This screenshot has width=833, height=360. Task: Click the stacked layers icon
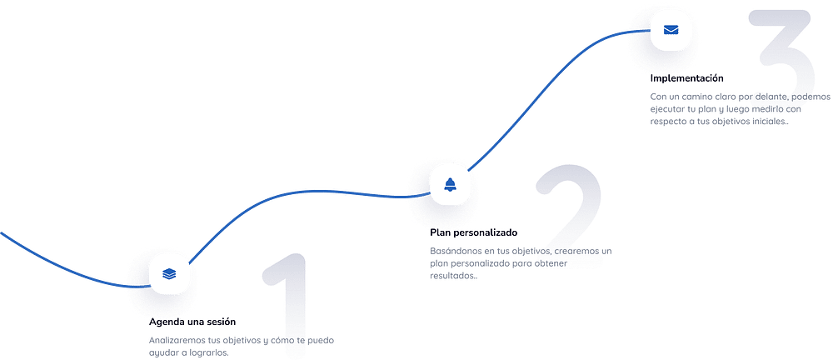click(x=169, y=274)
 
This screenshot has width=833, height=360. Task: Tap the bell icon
click(x=450, y=184)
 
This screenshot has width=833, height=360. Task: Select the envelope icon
click(x=671, y=30)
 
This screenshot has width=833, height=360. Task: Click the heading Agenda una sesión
click(x=192, y=322)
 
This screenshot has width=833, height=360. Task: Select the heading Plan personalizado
click(x=473, y=232)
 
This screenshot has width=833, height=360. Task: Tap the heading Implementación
click(x=687, y=78)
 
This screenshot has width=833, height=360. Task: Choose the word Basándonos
click(x=456, y=251)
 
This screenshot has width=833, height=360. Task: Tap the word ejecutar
click(x=666, y=109)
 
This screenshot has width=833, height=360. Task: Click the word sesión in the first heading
click(x=220, y=322)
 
